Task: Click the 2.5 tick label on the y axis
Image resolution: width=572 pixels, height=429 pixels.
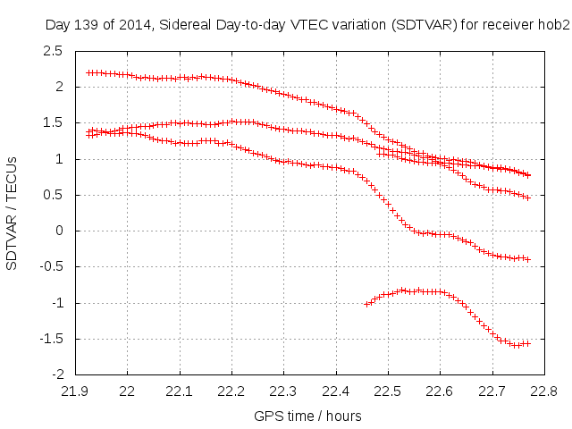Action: click(53, 51)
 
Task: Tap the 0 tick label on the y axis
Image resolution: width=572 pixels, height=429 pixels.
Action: click(58, 231)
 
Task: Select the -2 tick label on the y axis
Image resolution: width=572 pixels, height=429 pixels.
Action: click(55, 374)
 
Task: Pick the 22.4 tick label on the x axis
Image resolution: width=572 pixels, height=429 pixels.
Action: click(336, 390)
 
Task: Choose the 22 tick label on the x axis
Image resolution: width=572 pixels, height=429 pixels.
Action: click(127, 390)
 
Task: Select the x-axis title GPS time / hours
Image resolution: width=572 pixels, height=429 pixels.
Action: click(307, 416)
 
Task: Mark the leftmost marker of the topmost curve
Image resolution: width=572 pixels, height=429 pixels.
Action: click(88, 72)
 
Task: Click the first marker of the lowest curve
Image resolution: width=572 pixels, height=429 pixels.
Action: click(366, 305)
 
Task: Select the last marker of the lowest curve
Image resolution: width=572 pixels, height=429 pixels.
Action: click(528, 343)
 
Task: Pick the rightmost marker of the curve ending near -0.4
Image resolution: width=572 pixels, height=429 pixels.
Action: click(528, 259)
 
